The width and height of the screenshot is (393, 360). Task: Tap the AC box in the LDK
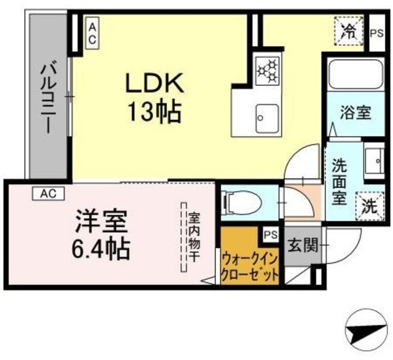pos(92,33)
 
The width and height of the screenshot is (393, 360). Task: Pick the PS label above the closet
pos(270,233)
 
